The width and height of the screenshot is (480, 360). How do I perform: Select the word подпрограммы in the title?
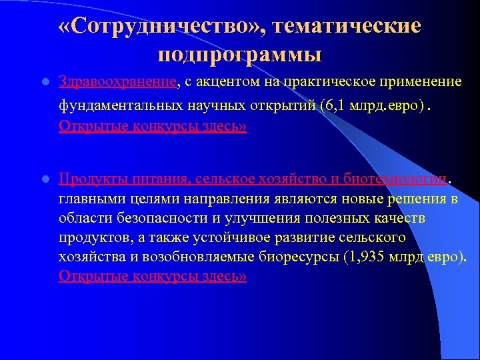click(x=240, y=53)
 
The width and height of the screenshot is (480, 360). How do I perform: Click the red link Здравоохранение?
click(x=118, y=81)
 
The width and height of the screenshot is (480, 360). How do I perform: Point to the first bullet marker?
click(x=44, y=83)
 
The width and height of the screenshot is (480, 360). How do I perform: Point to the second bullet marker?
click(x=44, y=179)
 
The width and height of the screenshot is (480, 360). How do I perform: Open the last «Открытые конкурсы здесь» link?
click(x=153, y=275)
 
